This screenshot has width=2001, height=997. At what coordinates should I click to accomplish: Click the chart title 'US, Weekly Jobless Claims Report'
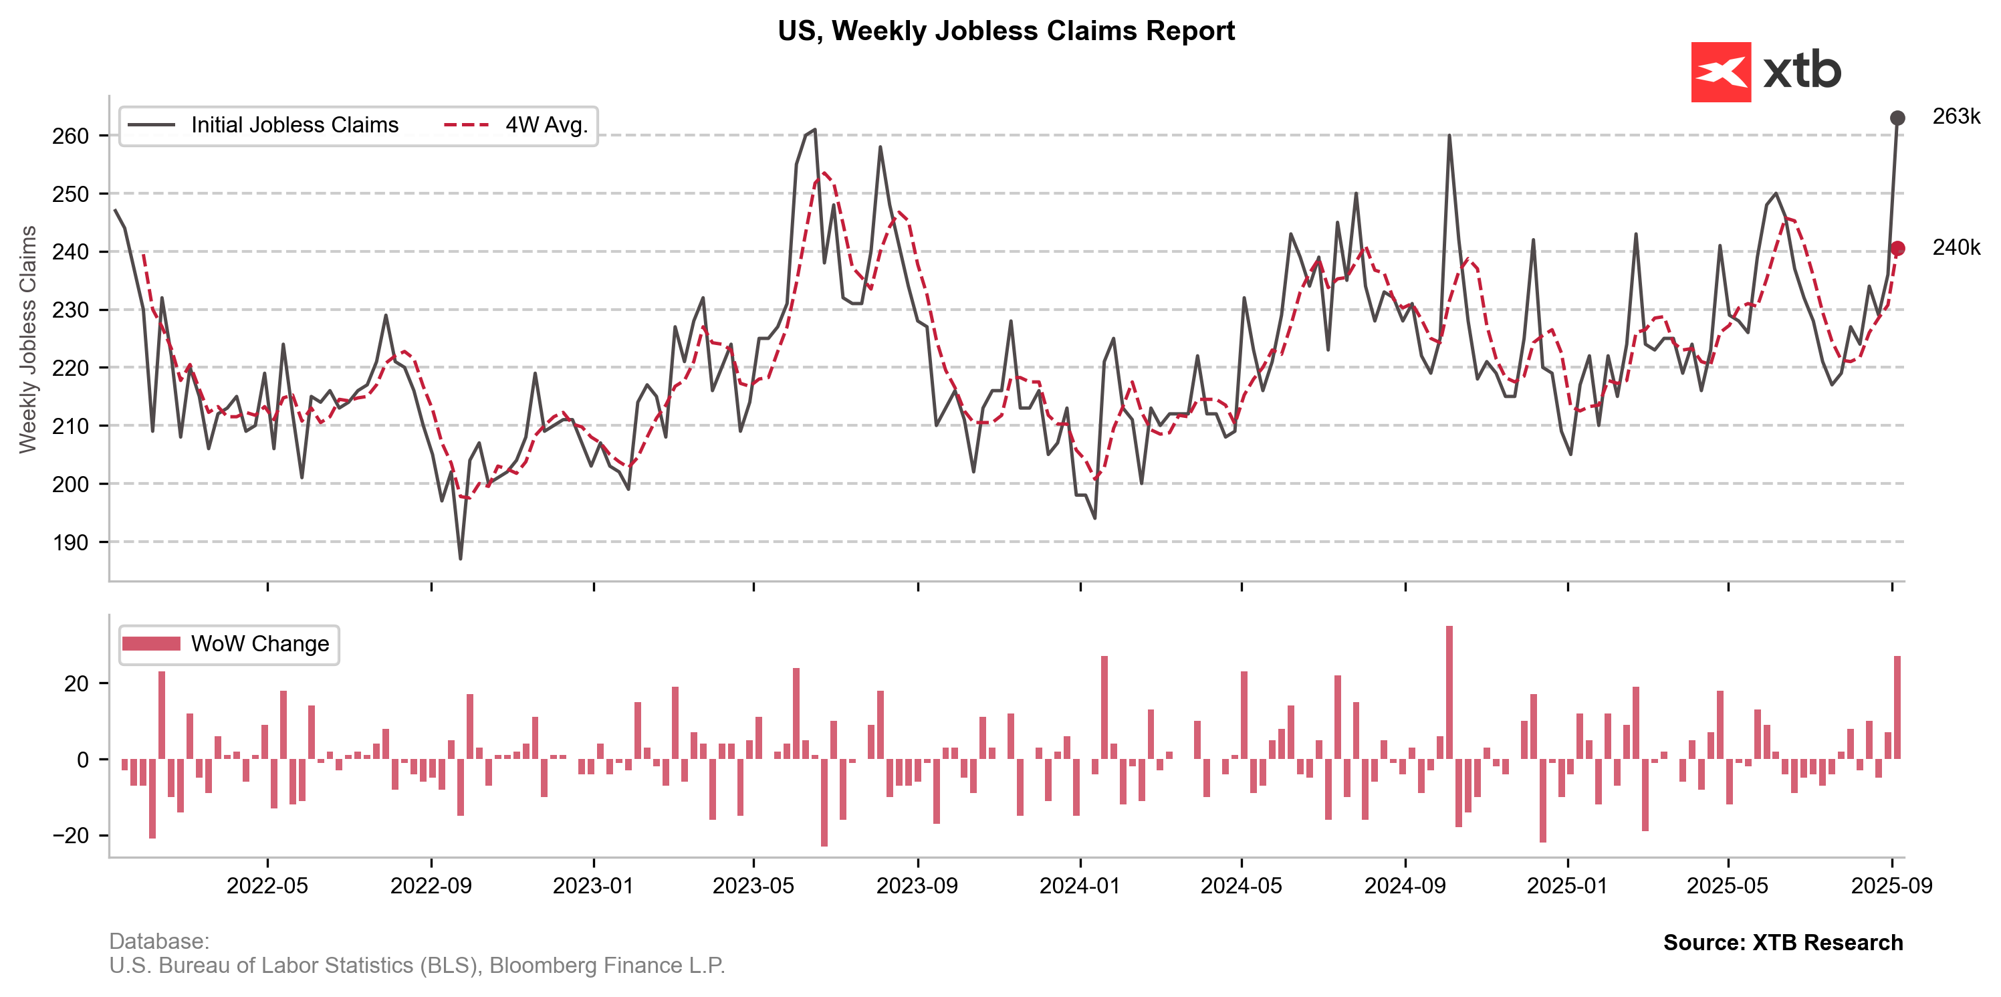[1006, 31]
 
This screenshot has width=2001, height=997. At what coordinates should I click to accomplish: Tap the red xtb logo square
[1721, 72]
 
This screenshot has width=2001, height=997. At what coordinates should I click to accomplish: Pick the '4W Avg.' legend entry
[546, 125]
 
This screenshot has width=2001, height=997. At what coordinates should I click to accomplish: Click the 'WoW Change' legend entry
[259, 643]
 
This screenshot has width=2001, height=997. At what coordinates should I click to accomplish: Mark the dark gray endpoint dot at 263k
[1897, 118]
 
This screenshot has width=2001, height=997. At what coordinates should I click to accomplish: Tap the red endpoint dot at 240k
[1897, 249]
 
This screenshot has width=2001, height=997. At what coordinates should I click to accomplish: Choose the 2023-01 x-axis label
[594, 886]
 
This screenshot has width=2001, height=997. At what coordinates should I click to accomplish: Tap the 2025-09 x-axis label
[1891, 886]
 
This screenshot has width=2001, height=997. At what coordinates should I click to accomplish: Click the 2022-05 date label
[267, 886]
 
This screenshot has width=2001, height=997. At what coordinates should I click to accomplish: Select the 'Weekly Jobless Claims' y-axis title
[28, 339]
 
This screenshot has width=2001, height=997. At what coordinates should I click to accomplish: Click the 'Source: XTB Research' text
[1783, 943]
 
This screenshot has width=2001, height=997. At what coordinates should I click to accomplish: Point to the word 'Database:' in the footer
[159, 941]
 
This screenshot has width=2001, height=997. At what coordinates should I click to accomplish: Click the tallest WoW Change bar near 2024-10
[1449, 691]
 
